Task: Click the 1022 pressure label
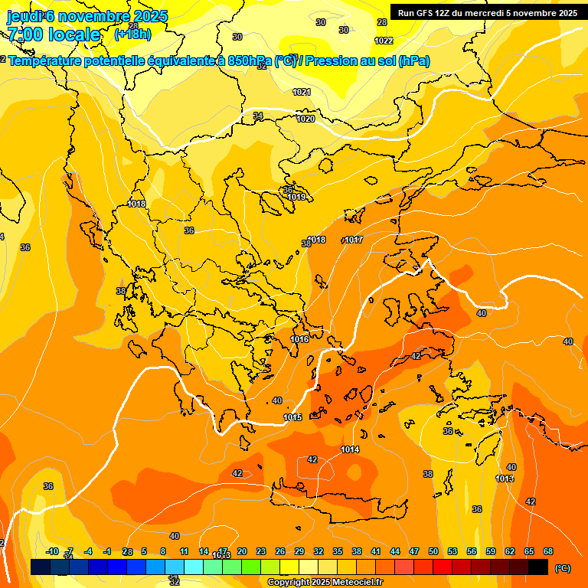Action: [x=384, y=41]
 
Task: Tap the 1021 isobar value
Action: [x=302, y=92]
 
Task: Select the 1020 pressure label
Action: [x=305, y=119]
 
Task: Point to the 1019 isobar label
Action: [x=297, y=197]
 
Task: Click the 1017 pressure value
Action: [x=353, y=240]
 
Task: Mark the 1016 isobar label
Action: [x=299, y=339]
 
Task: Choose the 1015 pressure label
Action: [x=292, y=417]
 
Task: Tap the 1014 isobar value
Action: [x=350, y=449]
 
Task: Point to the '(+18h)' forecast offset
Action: [x=132, y=34]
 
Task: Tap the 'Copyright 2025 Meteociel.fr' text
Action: [x=325, y=583]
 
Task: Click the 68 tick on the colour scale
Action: [x=548, y=551]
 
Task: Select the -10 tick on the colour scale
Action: [x=52, y=551]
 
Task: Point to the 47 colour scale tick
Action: [x=414, y=551]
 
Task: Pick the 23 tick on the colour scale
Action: [x=261, y=551]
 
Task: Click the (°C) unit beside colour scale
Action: [x=562, y=568]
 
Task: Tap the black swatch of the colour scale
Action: [x=538, y=567]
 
